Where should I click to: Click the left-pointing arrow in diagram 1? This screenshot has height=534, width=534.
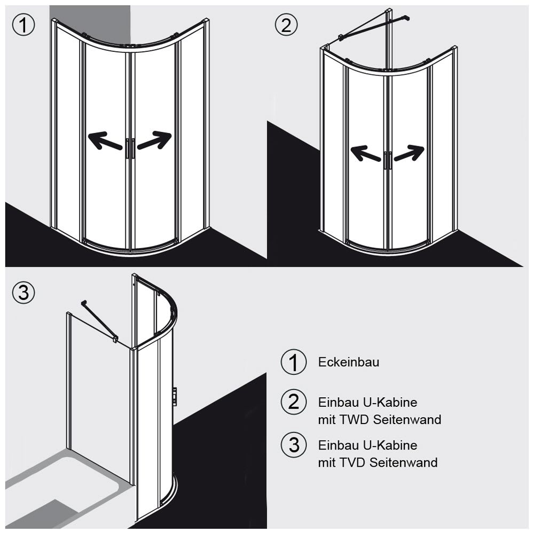pyautogui.click(x=105, y=141)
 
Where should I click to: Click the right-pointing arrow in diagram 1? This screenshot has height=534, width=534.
pyautogui.click(x=155, y=140)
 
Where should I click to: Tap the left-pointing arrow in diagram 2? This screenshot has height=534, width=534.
pyautogui.click(x=365, y=153)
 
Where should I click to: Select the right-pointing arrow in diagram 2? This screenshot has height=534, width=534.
pyautogui.click(x=409, y=153)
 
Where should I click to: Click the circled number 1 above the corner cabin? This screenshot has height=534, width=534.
pyautogui.click(x=23, y=25)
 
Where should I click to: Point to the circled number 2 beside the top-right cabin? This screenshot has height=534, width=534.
pyautogui.click(x=286, y=25)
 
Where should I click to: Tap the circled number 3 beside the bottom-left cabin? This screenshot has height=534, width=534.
pyautogui.click(x=23, y=292)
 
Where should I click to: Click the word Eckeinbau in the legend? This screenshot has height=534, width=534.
pyautogui.click(x=348, y=362)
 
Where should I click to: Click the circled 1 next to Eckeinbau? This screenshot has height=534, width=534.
pyautogui.click(x=294, y=362)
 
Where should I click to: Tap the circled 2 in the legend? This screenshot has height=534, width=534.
pyautogui.click(x=294, y=402)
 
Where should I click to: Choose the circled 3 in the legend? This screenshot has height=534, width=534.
pyautogui.click(x=294, y=445)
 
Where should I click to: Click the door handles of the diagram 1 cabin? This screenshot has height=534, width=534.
pyautogui.click(x=130, y=148)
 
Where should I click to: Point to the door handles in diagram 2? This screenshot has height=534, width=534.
pyautogui.click(x=388, y=161)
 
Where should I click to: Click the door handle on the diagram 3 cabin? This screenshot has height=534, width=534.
pyautogui.click(x=175, y=396)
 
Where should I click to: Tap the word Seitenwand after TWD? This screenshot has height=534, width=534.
pyautogui.click(x=407, y=420)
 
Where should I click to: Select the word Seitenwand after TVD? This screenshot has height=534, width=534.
pyautogui.click(x=404, y=462)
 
